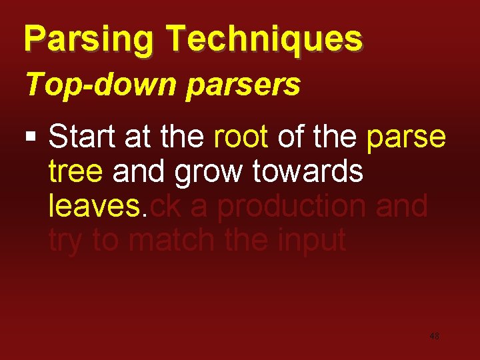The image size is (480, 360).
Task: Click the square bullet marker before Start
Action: point(30,138)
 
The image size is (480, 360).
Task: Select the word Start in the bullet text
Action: point(82,137)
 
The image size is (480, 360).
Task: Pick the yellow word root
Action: point(241,137)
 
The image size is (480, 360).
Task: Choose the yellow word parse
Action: point(406,137)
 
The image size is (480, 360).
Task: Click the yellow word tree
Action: point(75,171)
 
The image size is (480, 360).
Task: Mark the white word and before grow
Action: point(140,171)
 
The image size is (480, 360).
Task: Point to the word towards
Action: point(309,171)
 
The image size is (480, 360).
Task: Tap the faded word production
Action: point(293,207)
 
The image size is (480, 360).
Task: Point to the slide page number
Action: point(434,337)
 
